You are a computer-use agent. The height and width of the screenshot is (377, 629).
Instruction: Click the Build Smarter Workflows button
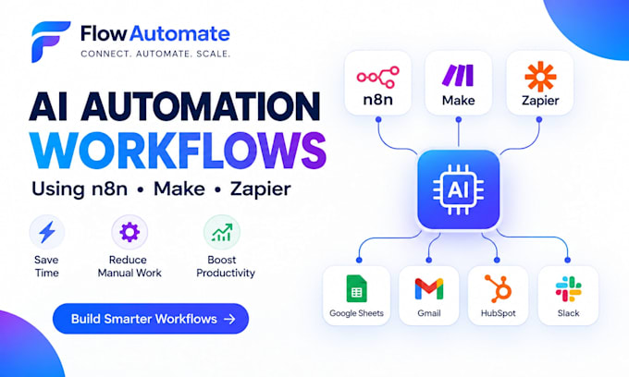tap(151, 319)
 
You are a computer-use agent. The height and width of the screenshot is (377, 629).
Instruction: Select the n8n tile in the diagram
tap(378, 83)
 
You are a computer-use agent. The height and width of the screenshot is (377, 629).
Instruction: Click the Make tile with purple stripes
tap(459, 83)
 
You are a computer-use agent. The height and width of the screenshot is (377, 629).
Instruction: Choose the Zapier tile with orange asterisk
tap(540, 83)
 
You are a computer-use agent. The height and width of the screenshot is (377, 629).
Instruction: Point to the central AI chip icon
tap(458, 189)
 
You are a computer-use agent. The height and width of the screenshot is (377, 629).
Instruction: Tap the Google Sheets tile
tap(356, 296)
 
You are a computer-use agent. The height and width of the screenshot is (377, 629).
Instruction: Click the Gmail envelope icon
tap(429, 288)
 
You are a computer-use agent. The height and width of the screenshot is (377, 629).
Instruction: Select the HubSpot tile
tap(498, 296)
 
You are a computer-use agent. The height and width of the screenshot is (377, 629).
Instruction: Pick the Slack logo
tap(569, 289)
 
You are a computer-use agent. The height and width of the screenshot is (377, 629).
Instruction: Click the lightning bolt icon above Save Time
tap(47, 232)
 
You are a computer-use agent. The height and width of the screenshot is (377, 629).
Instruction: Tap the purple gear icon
tap(129, 232)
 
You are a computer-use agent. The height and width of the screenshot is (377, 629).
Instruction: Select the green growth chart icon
tap(222, 232)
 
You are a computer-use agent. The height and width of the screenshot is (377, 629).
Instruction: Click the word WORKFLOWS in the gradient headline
tap(179, 151)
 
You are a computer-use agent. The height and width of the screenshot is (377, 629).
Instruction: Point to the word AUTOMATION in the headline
tap(201, 106)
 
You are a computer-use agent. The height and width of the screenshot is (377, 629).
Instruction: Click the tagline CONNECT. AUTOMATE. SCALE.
tap(155, 54)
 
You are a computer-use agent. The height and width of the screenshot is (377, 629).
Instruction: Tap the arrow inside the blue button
tap(229, 319)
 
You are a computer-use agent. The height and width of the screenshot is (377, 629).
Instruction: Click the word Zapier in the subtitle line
tap(260, 189)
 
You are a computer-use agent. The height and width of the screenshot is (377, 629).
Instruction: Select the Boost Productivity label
tap(226, 266)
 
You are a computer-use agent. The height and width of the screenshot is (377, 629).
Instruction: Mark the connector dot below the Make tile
tap(459, 119)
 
